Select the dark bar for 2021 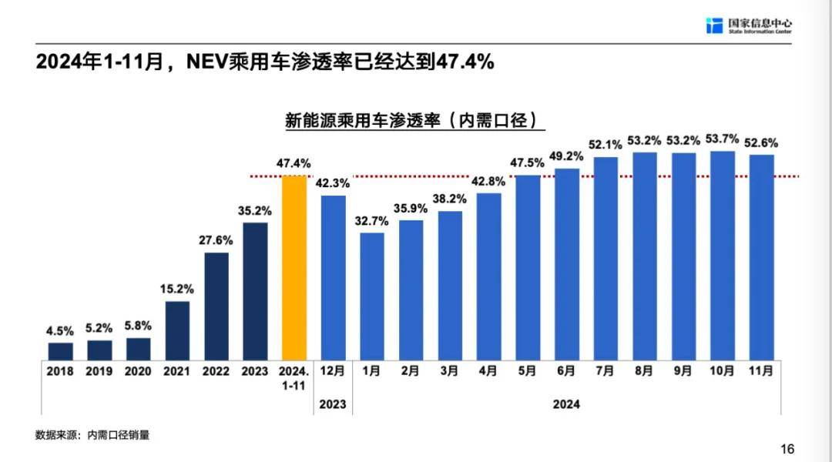pyautogui.click(x=177, y=330)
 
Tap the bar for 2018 pyautogui.click(x=60, y=351)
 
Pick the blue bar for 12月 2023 pyautogui.click(x=333, y=278)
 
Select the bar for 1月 pyautogui.click(x=371, y=296)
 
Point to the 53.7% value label pyautogui.click(x=723, y=139)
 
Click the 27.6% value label pyautogui.click(x=216, y=240)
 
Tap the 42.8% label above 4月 pyautogui.click(x=489, y=181)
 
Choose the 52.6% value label pyautogui.click(x=761, y=142)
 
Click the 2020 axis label pyautogui.click(x=138, y=371)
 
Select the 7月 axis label pyautogui.click(x=606, y=371)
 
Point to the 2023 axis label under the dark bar pyautogui.click(x=255, y=371)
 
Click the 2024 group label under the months pyautogui.click(x=566, y=404)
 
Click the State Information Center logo pyautogui.click(x=748, y=25)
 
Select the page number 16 pyautogui.click(x=787, y=449)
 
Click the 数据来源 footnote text pyautogui.click(x=92, y=435)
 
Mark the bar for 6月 pyautogui.click(x=566, y=264)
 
